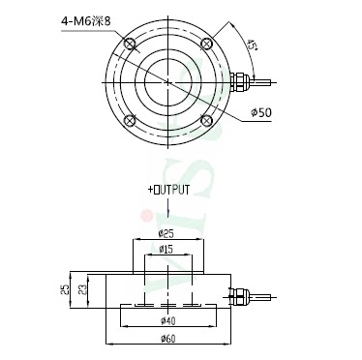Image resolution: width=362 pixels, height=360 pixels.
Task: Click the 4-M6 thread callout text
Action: click(85, 21)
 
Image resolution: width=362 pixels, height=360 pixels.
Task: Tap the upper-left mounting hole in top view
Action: click(130, 44)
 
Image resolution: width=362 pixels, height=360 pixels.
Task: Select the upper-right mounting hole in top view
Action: click(206, 44)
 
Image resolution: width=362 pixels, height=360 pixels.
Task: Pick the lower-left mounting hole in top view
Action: click(130, 120)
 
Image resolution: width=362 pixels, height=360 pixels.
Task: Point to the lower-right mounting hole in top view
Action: click(206, 120)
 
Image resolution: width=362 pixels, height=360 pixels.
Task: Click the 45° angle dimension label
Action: click(252, 45)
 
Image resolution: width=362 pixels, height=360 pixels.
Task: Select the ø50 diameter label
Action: click(261, 112)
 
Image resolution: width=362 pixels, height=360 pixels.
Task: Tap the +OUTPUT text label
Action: click(168, 190)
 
